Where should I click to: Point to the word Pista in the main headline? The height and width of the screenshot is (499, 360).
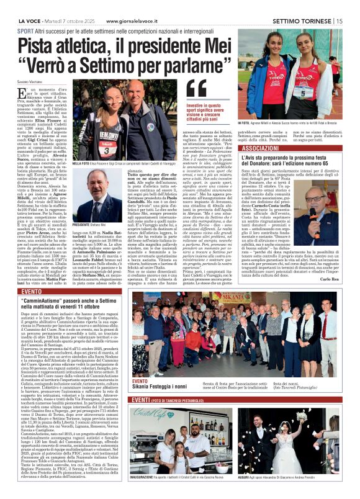(x=42, y=45)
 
